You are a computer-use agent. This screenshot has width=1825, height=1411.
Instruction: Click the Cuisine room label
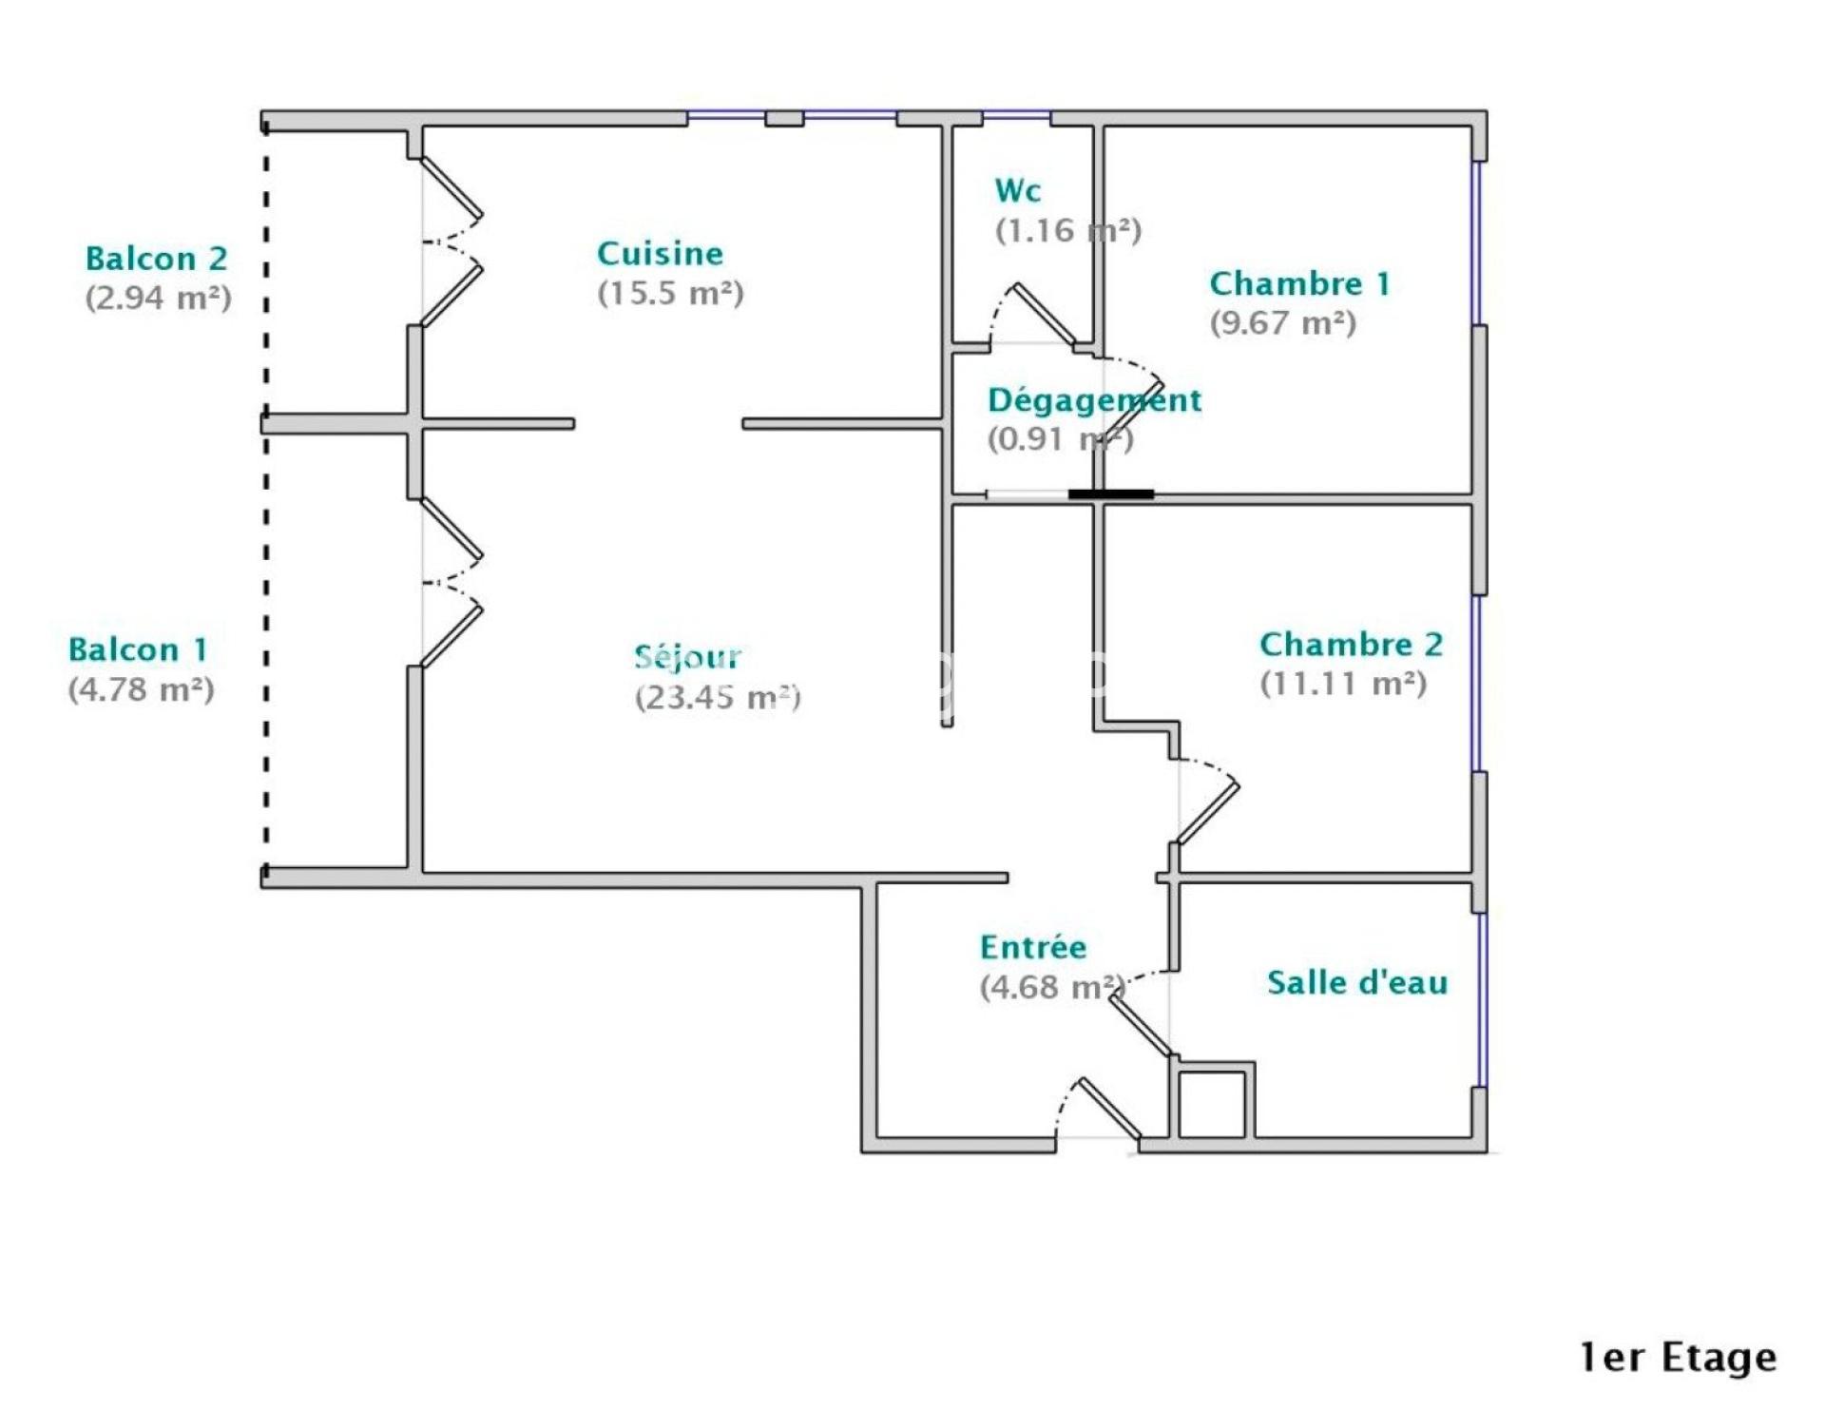click(x=660, y=254)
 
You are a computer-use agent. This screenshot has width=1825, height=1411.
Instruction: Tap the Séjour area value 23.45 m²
click(x=718, y=697)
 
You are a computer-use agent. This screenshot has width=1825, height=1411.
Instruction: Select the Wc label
click(x=1018, y=190)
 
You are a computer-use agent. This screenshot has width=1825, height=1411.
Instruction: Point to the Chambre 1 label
click(x=1299, y=283)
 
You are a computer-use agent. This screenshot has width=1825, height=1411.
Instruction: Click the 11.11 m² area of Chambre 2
click(x=1343, y=683)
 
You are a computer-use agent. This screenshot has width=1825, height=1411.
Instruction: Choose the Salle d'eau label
click(x=1357, y=982)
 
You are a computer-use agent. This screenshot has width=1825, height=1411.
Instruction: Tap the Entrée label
click(x=1033, y=947)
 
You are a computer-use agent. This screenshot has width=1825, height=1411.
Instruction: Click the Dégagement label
click(x=1094, y=400)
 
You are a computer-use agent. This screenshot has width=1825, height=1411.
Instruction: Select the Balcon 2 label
click(x=157, y=259)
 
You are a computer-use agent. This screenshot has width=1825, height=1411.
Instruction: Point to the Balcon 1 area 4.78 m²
click(x=141, y=689)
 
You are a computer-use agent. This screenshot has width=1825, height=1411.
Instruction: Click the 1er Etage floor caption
click(x=1678, y=1357)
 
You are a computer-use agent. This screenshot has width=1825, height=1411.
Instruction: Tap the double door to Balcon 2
click(x=452, y=242)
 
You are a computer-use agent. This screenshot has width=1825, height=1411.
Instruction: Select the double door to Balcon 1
click(x=452, y=581)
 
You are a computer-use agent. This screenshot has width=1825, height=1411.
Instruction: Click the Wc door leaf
click(x=1046, y=314)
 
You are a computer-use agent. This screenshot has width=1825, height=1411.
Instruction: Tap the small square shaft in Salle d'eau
click(x=1212, y=1101)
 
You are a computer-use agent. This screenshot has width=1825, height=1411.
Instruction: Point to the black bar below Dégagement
click(x=1111, y=494)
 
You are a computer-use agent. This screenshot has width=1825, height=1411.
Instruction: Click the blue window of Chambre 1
click(x=1477, y=243)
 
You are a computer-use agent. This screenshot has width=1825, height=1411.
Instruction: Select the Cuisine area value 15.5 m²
click(x=670, y=293)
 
